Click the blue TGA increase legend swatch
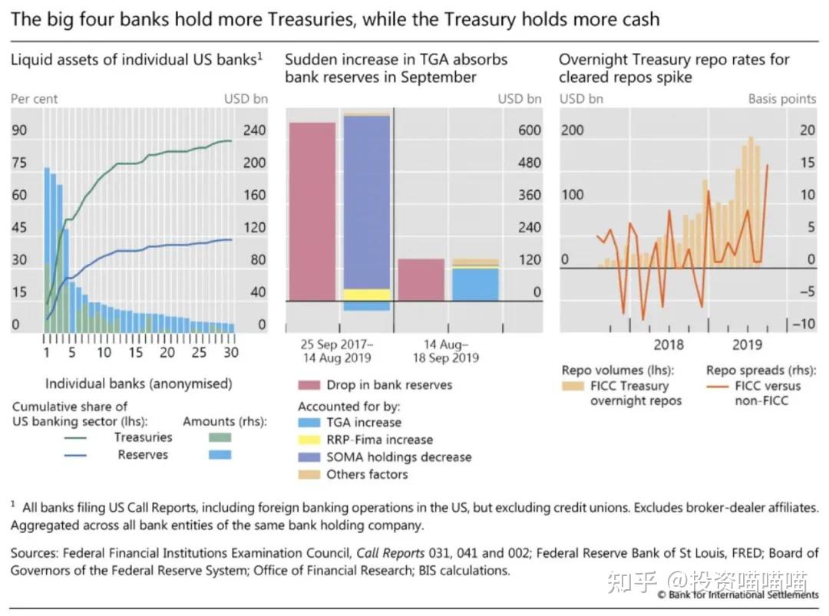(309, 422)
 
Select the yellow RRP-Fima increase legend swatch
(309, 440)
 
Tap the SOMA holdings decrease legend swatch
(309, 457)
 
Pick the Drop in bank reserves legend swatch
(309, 385)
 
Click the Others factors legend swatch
(309, 474)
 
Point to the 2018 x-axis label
(669, 344)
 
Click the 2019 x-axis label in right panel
(748, 344)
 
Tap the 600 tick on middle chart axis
(529, 130)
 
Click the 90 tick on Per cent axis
(18, 130)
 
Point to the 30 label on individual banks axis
(230, 352)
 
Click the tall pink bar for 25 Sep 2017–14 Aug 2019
(312, 211)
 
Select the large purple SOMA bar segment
(367, 202)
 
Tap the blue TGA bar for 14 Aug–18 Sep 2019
(475, 284)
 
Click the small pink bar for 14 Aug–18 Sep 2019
(421, 279)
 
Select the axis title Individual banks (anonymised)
(138, 384)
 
